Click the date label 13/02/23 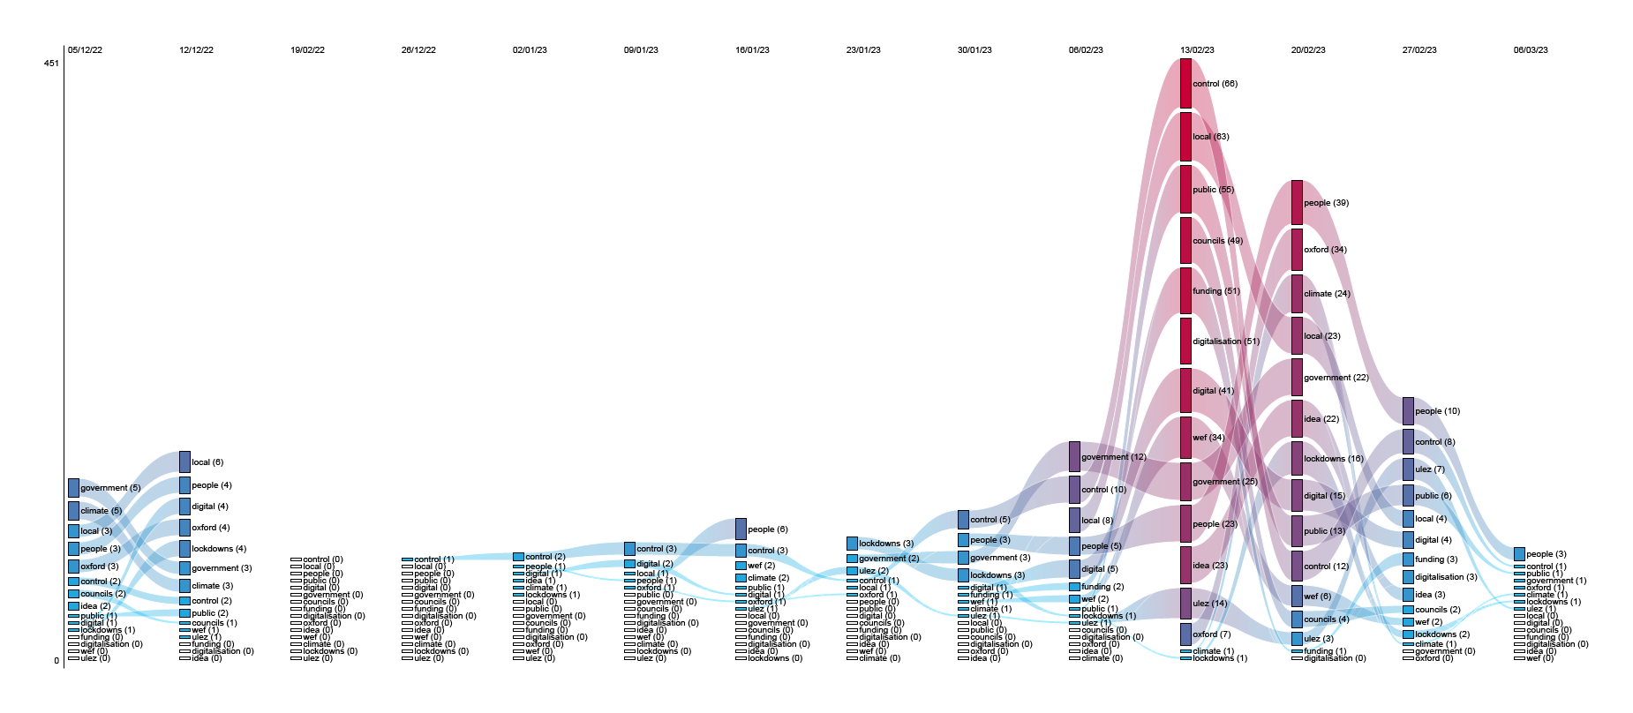pyautogui.click(x=1196, y=50)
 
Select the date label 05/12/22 pyautogui.click(x=85, y=50)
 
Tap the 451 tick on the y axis pyautogui.click(x=52, y=64)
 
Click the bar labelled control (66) pyautogui.click(x=1185, y=84)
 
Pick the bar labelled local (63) pyautogui.click(x=1185, y=137)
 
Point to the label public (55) pyautogui.click(x=1213, y=190)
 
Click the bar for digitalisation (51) pyautogui.click(x=1185, y=341)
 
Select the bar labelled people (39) pyautogui.click(x=1297, y=203)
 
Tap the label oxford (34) pyautogui.click(x=1325, y=250)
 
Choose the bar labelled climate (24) pyautogui.click(x=1297, y=294)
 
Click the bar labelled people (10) pyautogui.click(x=1408, y=411)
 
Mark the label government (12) pyautogui.click(x=1113, y=457)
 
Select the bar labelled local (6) pyautogui.click(x=184, y=462)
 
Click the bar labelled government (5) pyautogui.click(x=73, y=488)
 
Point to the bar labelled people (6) pyautogui.click(x=741, y=529)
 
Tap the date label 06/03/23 pyautogui.click(x=1530, y=50)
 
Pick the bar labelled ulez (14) pyautogui.click(x=1185, y=604)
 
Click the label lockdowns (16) pyautogui.click(x=1333, y=459)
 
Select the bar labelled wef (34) pyautogui.click(x=1185, y=438)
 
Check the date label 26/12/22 pyautogui.click(x=418, y=50)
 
